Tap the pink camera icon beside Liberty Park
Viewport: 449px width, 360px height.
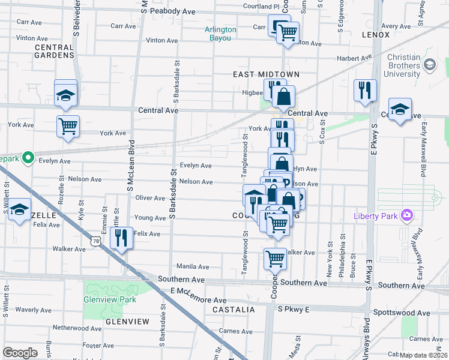click(x=408, y=215)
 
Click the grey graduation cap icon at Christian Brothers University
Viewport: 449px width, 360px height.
click(x=429, y=64)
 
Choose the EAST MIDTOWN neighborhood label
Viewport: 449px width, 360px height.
click(x=266, y=74)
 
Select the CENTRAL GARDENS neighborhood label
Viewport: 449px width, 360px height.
click(x=54, y=51)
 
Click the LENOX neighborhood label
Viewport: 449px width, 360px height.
click(x=376, y=35)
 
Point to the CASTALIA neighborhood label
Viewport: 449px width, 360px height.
click(x=234, y=310)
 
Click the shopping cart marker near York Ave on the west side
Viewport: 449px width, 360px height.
click(x=68, y=126)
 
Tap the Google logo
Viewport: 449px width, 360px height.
click(x=20, y=352)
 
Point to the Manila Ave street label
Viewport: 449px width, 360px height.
click(x=193, y=266)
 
